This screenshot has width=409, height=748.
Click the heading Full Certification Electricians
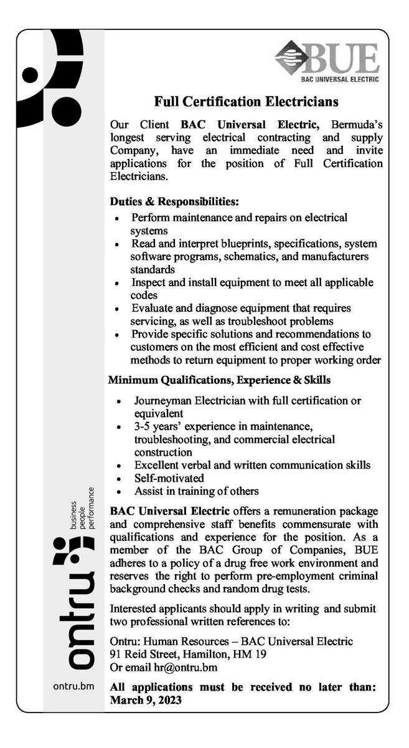coord(246,101)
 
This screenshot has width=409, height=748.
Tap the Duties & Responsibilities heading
coord(174,202)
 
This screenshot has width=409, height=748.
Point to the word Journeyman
coord(164,401)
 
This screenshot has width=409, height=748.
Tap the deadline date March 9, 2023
coord(146,700)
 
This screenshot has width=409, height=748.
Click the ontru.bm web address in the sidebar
coord(73,688)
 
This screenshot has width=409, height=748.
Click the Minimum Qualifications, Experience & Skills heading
coord(220,380)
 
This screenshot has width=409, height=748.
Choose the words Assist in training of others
coord(196,491)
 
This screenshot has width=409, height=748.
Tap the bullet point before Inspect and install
coord(118,283)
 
